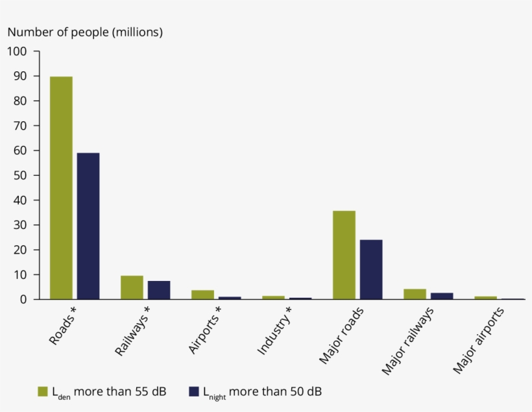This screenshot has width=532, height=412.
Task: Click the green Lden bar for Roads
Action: click(x=61, y=188)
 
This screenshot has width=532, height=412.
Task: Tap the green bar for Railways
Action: click(x=132, y=287)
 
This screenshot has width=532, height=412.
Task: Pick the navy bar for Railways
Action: click(x=159, y=290)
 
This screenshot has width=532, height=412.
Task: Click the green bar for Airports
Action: click(x=202, y=295)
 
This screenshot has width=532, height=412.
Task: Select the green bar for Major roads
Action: click(x=344, y=255)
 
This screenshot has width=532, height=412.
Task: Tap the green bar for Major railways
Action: click(x=415, y=294)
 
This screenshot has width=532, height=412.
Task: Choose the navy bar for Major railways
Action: click(x=442, y=296)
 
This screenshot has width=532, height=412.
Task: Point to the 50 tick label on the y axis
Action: click(x=19, y=175)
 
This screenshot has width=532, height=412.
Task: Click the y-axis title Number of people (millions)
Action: click(x=85, y=31)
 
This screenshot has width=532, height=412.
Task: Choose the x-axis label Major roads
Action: click(x=341, y=336)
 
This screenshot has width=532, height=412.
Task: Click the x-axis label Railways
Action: click(x=132, y=331)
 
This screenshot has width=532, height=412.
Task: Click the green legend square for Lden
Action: click(x=43, y=391)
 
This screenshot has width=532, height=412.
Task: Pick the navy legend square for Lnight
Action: click(x=193, y=391)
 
